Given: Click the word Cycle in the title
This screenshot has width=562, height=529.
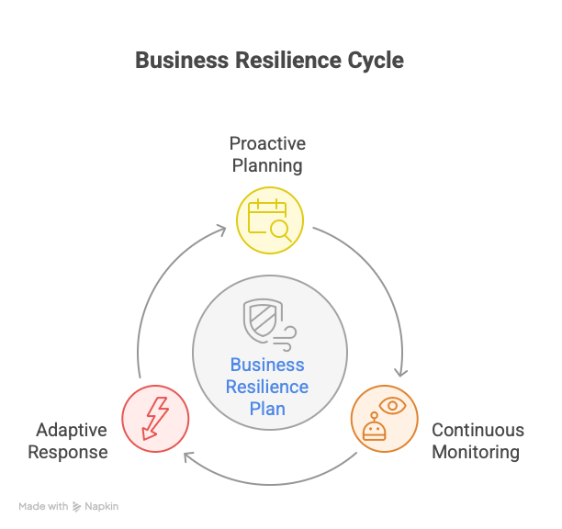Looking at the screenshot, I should tap(374, 61).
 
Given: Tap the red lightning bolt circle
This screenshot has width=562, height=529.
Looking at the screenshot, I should tap(155, 418).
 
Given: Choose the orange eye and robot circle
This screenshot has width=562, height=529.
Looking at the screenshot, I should tap(384, 418).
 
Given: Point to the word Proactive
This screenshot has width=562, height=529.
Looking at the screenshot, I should tap(267, 144).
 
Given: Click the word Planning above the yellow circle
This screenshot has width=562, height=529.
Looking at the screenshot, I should tap(267, 166).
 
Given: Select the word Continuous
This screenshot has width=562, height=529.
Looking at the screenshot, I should tap(478, 430).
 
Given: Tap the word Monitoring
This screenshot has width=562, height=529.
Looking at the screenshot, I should tap(476, 452).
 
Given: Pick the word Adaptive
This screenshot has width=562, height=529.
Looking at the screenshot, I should tap(72, 430).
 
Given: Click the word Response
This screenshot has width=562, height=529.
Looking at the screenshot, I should tap(68, 452).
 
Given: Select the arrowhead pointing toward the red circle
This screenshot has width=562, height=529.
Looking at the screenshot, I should tap(187, 456).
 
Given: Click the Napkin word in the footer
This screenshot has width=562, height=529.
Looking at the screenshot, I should tap(102, 506).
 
